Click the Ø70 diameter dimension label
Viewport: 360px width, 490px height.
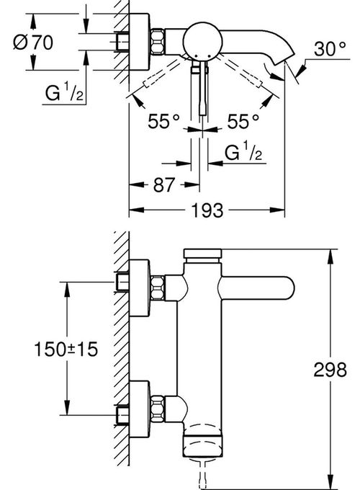coord(33,43)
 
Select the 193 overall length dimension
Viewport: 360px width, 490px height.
coord(207,210)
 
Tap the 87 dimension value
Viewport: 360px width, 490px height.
coord(163,184)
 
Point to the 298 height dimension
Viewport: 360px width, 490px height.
coord(330,370)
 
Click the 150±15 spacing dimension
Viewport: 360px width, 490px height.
coord(66,349)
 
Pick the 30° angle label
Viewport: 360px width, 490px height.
coord(330,49)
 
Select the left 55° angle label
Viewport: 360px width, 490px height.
coord(164,121)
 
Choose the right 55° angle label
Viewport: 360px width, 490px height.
coord(243,121)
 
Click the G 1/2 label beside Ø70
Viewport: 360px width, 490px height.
coord(64,92)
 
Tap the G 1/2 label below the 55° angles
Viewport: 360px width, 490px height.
coord(243,151)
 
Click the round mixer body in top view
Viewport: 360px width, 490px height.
coord(202,40)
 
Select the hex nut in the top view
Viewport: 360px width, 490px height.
coord(158,41)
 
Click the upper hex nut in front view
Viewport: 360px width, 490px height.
coord(158,288)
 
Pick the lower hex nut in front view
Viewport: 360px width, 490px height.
coord(158,409)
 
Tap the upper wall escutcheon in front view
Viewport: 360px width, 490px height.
coord(139,288)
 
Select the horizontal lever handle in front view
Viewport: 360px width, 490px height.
coord(258,288)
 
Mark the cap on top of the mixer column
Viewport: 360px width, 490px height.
coord(202,254)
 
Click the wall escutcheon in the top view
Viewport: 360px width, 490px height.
coord(139,42)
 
